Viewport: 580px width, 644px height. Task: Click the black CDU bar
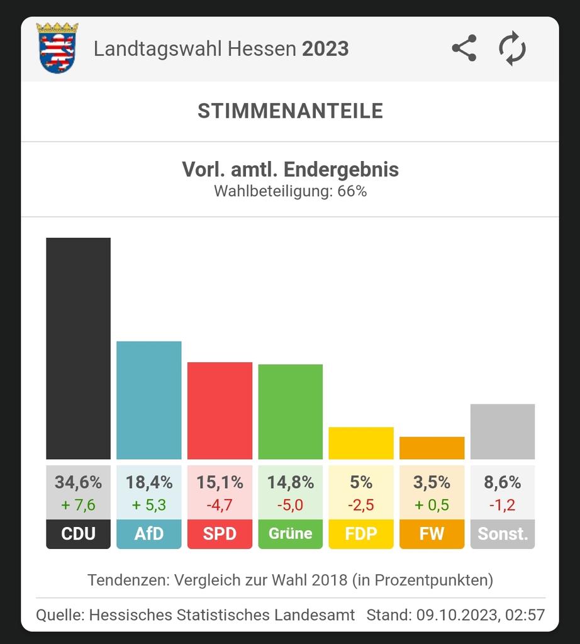click(x=78, y=348)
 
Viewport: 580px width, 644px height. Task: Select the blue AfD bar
click(x=149, y=400)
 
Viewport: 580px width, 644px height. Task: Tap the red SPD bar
click(x=220, y=411)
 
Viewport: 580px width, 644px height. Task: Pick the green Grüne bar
click(x=290, y=412)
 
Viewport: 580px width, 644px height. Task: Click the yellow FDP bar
click(x=361, y=443)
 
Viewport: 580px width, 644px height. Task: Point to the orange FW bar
click(x=432, y=448)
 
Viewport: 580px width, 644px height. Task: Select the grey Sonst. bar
click(x=503, y=431)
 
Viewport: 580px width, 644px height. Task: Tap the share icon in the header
click(x=464, y=49)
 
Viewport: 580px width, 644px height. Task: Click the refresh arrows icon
click(x=512, y=49)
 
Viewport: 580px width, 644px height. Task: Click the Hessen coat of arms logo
click(x=57, y=48)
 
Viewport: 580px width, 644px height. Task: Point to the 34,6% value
click(x=78, y=482)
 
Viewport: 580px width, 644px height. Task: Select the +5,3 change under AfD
click(x=149, y=505)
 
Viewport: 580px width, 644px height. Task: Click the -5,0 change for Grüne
click(x=290, y=505)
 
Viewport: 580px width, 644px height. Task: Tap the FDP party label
click(x=361, y=534)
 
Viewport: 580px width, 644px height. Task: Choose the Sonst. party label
click(x=503, y=534)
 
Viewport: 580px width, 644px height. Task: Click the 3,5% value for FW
click(x=432, y=482)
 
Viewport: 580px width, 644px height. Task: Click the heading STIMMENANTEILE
click(x=290, y=111)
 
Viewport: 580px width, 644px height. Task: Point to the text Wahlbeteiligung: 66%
click(x=290, y=191)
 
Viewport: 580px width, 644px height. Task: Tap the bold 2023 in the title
click(x=325, y=49)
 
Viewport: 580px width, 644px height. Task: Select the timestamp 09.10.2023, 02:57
click(x=480, y=614)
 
